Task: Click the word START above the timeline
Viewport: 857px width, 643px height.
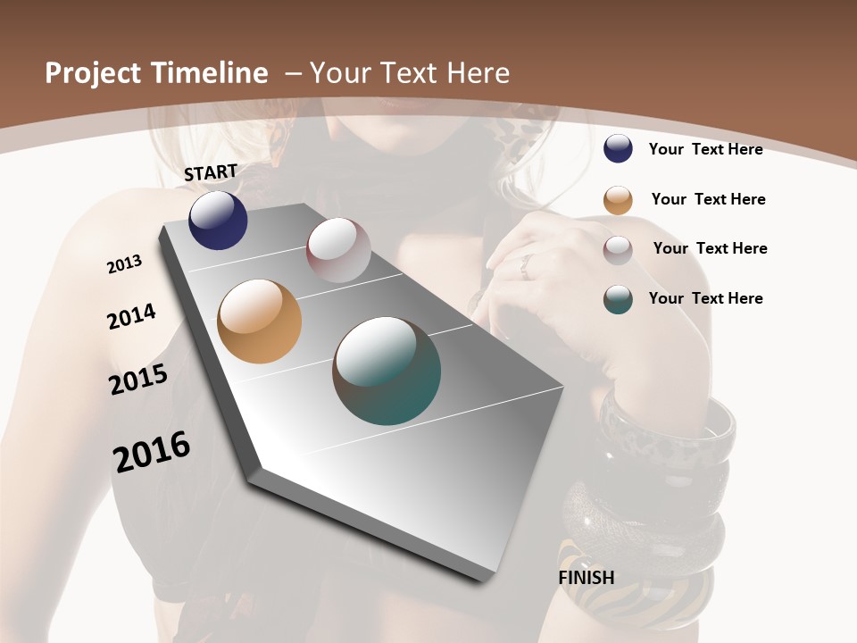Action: click(211, 172)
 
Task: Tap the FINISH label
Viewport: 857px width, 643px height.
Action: click(587, 577)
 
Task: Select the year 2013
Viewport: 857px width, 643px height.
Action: click(124, 264)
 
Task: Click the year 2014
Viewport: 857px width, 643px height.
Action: click(131, 316)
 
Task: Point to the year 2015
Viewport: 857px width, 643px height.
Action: click(138, 380)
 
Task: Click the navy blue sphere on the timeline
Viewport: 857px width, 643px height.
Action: click(218, 220)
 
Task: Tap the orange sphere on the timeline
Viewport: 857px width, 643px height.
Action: click(260, 321)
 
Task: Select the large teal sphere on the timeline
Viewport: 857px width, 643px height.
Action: click(387, 371)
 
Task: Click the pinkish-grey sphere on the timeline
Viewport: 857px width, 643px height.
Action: click(338, 250)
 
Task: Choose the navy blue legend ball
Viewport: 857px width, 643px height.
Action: click(618, 148)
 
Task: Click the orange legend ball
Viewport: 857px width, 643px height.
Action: click(618, 200)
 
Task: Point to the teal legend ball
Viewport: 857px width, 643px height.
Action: click(618, 299)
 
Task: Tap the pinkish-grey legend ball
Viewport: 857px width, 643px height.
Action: click(618, 249)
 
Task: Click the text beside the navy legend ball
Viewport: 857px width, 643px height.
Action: click(705, 149)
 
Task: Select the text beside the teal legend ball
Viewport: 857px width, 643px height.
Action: click(705, 298)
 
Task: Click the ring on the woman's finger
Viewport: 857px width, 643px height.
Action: click(527, 263)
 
